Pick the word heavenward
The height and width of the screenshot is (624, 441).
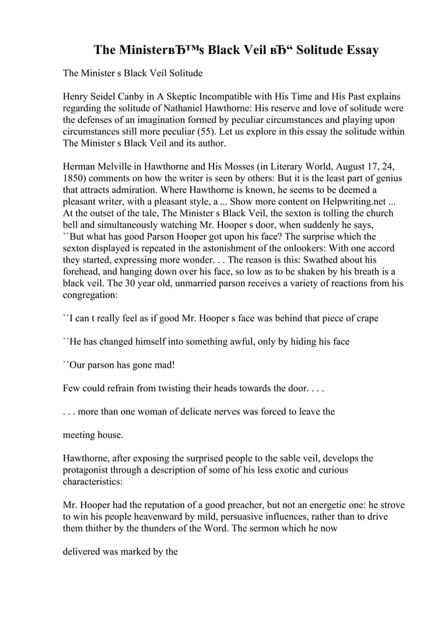pyautogui.click(x=163, y=517)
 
